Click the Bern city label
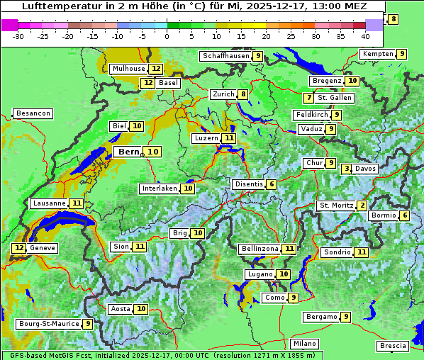tap(128, 152)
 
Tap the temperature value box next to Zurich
tap(243, 94)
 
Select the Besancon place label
tap(33, 113)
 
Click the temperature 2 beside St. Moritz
tap(362, 206)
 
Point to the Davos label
tap(366, 169)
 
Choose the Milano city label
tap(305, 344)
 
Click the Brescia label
tap(393, 346)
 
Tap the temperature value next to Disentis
tap(272, 184)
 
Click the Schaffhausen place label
tap(225, 56)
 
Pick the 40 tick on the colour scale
tap(365, 36)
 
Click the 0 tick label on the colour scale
tap(167, 36)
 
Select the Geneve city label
tap(43, 248)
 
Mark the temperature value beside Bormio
tap(405, 215)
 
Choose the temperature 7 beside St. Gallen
tap(308, 98)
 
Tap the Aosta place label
tap(121, 309)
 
